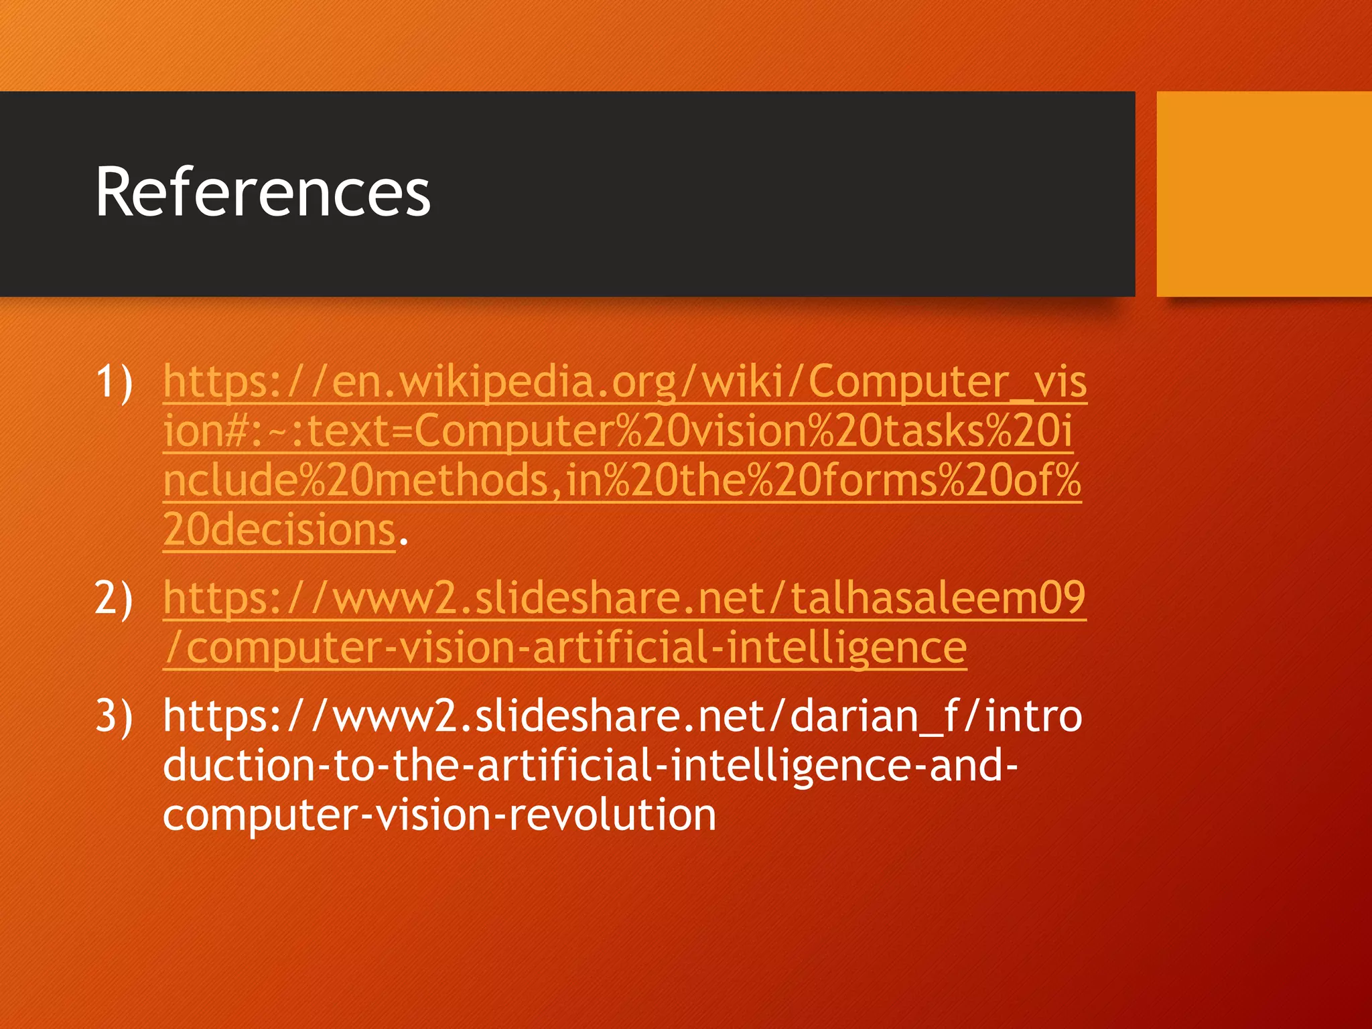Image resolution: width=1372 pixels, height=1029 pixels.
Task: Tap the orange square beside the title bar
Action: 1263,194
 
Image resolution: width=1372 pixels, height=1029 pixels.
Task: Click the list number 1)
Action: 114,382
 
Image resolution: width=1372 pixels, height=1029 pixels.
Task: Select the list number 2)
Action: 114,598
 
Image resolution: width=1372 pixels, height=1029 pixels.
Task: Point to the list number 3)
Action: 114,715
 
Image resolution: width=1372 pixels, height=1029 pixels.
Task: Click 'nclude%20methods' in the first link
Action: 356,480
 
